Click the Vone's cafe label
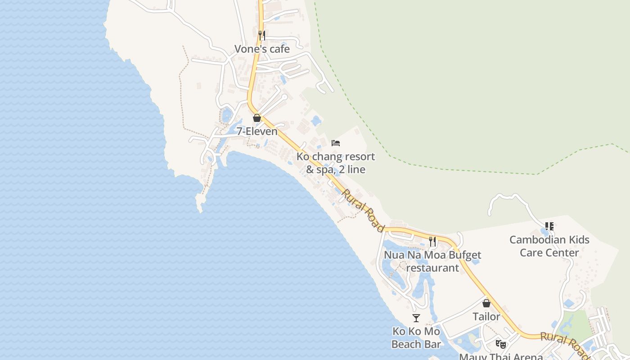coord(262,49)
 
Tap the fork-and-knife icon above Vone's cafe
coord(262,35)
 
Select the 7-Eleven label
coord(257,131)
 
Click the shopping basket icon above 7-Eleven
coord(257,118)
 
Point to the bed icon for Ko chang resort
coord(336,143)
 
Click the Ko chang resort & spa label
coord(336,163)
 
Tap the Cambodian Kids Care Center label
coord(549,246)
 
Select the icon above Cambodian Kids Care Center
coord(549,226)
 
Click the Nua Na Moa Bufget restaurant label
coord(432,261)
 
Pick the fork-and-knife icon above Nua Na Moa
coord(432,241)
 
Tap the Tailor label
coord(486,316)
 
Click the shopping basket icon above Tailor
coord(486,303)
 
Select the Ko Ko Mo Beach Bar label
coord(416,337)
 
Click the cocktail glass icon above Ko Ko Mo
coord(416,318)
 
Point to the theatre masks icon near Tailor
coord(500,344)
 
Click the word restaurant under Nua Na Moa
coord(432,268)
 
